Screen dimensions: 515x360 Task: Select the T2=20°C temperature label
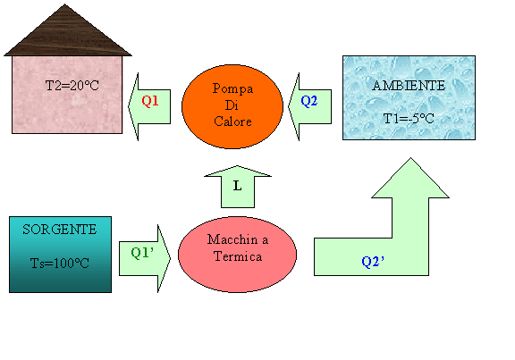[x=72, y=86]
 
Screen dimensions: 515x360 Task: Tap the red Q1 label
[x=150, y=101]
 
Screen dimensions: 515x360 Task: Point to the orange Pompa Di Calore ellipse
[x=232, y=106]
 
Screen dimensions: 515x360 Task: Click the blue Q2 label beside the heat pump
[x=309, y=101]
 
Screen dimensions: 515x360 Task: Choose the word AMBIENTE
[x=409, y=86]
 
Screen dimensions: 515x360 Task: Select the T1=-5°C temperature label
[x=409, y=119]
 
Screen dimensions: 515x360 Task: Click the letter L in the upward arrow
[x=237, y=186]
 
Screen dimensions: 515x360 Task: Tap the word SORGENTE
[x=60, y=230]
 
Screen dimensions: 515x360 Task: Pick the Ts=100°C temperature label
[x=60, y=263]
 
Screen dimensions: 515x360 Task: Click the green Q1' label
[x=142, y=253]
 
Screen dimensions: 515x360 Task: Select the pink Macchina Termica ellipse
[x=238, y=255]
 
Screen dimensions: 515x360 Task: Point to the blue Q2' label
[x=373, y=262]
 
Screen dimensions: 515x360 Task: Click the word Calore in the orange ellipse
[x=232, y=121]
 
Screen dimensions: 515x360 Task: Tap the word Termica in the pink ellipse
[x=238, y=256]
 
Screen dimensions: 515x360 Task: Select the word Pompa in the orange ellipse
[x=232, y=88]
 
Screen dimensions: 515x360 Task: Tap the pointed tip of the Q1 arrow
[x=129, y=106]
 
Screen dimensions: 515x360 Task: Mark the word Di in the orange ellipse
[x=232, y=105]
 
